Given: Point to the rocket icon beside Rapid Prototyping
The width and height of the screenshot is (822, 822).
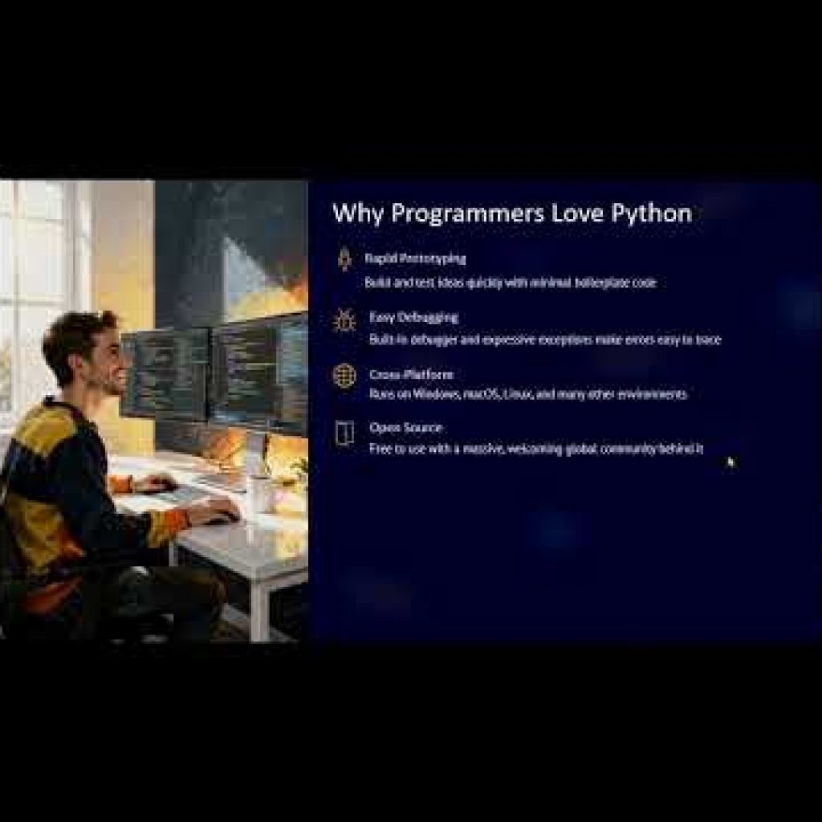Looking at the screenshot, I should (x=344, y=259).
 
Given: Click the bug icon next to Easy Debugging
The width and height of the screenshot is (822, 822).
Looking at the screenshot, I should (x=344, y=319).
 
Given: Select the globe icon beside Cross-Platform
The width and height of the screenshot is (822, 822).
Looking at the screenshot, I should (x=344, y=376).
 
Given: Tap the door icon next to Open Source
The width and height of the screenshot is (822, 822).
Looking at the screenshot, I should (x=344, y=434).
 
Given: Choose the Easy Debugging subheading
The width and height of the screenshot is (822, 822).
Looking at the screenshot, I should (x=413, y=317).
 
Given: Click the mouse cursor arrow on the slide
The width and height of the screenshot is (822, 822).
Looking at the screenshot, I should (x=730, y=462).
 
